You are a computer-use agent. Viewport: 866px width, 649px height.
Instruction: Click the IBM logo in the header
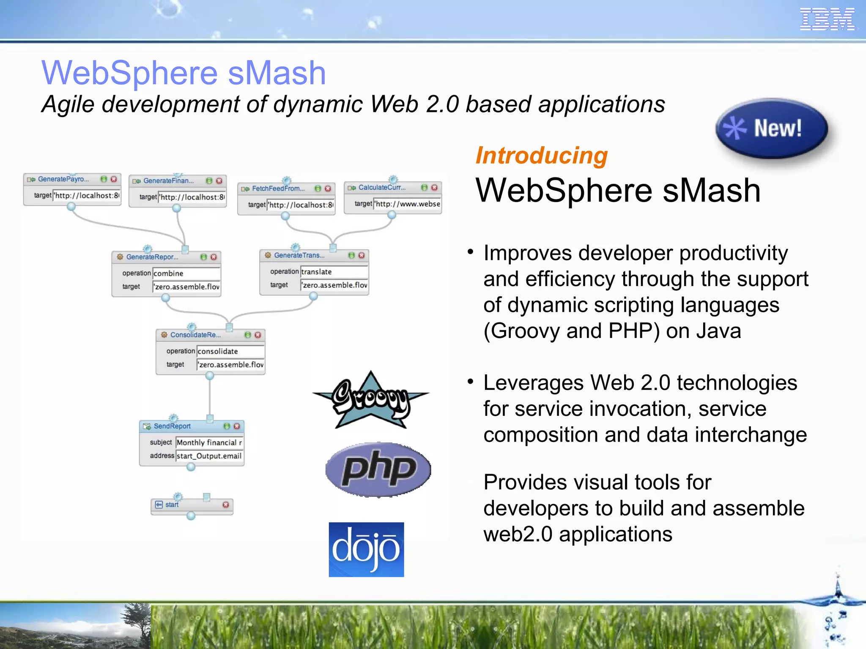click(827, 19)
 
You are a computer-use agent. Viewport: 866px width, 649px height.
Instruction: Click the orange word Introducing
click(542, 155)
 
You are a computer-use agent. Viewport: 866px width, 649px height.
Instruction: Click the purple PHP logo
click(378, 469)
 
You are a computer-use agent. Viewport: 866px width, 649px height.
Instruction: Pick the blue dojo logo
click(366, 549)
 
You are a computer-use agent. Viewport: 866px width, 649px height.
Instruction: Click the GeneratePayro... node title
click(63, 179)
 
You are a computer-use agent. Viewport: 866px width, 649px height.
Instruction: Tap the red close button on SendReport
click(237, 426)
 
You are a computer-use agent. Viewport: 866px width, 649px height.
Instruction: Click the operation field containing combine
click(186, 273)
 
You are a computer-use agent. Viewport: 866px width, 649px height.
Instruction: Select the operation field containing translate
click(334, 272)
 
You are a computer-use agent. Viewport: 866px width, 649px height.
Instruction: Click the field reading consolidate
click(230, 351)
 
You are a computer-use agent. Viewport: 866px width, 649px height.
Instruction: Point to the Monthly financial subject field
click(209, 442)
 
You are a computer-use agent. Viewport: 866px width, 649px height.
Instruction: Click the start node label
click(172, 504)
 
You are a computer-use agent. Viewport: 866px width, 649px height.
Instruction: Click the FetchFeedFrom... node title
click(278, 188)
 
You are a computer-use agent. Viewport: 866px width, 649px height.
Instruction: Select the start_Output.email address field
click(209, 456)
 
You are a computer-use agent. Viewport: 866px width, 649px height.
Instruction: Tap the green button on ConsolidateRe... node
click(248, 335)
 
